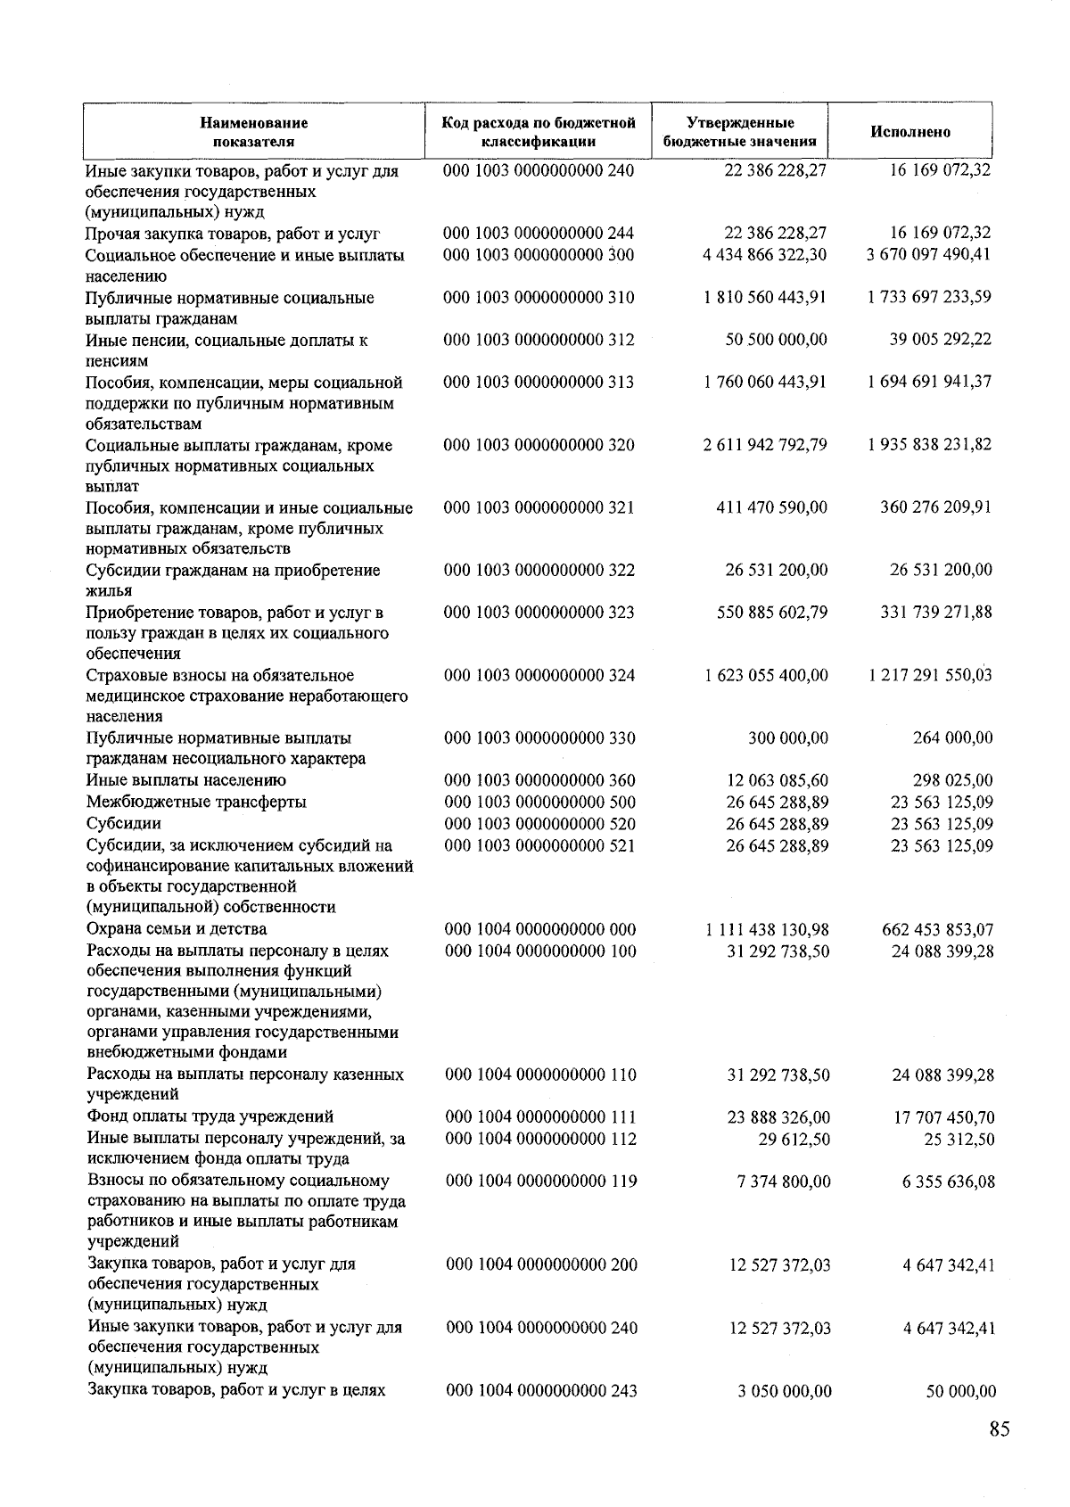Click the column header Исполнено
[x=910, y=132]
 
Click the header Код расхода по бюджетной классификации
[x=539, y=132]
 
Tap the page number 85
[x=999, y=1429]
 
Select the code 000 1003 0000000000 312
[x=539, y=340]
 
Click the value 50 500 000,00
[x=776, y=340]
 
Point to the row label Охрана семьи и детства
[x=164, y=929]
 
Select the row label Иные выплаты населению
[x=186, y=781]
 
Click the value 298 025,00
[x=952, y=781]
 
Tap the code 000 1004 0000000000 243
[x=541, y=1390]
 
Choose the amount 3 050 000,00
[x=785, y=1390]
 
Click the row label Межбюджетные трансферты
[x=196, y=803]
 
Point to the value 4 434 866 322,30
[x=765, y=255]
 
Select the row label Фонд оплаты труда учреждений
[x=210, y=1116]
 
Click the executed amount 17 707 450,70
[x=943, y=1117]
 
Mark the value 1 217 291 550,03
[x=930, y=675]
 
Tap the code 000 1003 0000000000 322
[x=539, y=571]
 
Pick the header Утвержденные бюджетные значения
[x=740, y=132]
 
